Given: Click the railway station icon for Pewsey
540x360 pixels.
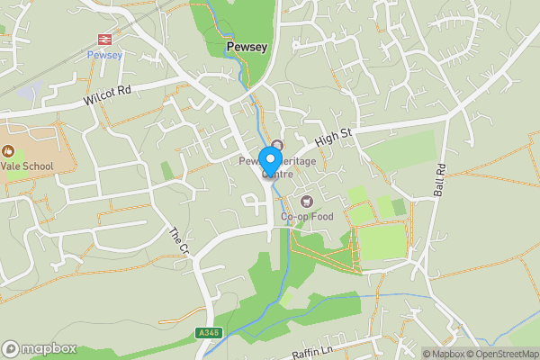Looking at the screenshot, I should click(103, 39).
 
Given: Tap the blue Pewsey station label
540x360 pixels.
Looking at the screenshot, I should click(103, 54).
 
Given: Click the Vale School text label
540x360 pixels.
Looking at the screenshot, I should click(26, 166).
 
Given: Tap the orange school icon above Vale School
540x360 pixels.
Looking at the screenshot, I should click(9, 150).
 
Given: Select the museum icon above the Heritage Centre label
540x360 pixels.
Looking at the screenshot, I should click(277, 146).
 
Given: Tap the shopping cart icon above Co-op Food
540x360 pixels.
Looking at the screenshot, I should click(306, 201).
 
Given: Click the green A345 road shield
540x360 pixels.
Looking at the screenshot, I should click(208, 333).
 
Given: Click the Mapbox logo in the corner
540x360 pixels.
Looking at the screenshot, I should click(39, 348).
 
